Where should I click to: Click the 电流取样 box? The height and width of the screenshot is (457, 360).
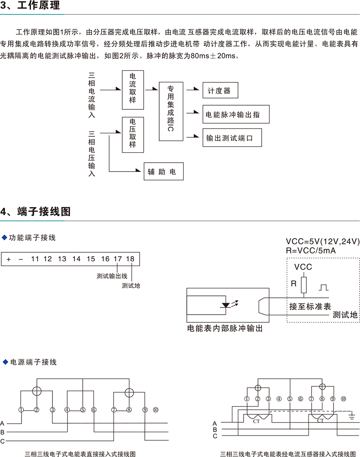tap(133, 90)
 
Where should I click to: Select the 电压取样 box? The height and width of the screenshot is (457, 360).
tap(133, 134)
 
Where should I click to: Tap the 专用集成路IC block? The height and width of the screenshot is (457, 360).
tap(171, 112)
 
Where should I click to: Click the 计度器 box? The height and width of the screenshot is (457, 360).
tap(220, 90)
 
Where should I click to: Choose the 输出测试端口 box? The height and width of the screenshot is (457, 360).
tap(232, 138)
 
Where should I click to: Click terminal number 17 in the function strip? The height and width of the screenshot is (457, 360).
tap(118, 259)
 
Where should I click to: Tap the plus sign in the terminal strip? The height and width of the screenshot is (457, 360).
tap(8, 259)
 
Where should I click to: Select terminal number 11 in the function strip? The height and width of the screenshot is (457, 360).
tap(35, 259)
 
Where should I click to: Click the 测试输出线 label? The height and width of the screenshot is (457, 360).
tap(112, 276)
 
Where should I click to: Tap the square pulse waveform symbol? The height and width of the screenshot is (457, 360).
tap(323, 287)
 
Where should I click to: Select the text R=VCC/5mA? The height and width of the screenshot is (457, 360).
tap(311, 251)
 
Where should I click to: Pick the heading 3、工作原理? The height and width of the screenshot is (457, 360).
tap(31, 6)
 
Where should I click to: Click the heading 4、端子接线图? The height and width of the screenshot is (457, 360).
tap(36, 212)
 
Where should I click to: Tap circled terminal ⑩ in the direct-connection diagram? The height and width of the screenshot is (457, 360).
tap(156, 409)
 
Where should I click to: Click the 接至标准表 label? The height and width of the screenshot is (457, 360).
tap(310, 307)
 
